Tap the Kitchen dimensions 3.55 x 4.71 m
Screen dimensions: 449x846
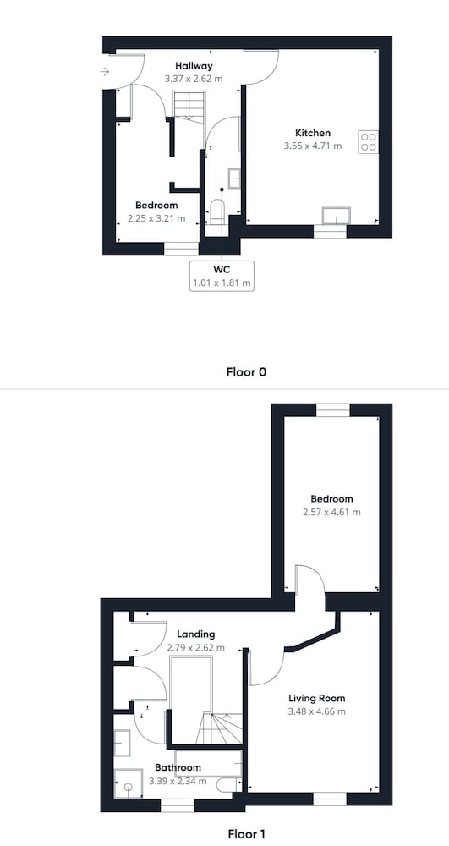coord(313,146)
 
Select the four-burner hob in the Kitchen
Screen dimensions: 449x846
coord(368,141)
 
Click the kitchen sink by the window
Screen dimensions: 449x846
coord(336,216)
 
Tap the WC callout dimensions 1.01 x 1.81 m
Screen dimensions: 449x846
coord(222,283)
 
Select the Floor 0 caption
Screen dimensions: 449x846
coord(246,371)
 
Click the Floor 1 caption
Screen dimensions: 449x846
coord(246,834)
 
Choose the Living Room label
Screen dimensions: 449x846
coord(316,698)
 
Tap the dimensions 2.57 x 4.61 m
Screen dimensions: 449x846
coord(331,512)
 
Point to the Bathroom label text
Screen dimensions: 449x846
coord(178,767)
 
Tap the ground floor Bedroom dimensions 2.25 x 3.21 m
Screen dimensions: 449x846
coord(156,218)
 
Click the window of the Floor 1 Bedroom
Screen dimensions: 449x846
coord(332,410)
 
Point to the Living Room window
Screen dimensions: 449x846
coord(330,799)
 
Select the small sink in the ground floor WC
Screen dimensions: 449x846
coord(234,178)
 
